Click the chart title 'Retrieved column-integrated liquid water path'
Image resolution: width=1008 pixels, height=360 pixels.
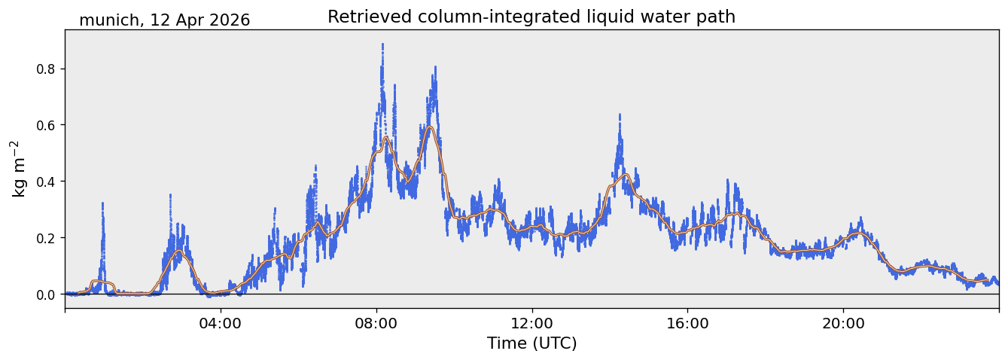click(531, 17)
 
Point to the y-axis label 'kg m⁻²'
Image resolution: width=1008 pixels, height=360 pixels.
click(17, 169)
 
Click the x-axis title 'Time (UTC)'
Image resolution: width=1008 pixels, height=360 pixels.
click(532, 343)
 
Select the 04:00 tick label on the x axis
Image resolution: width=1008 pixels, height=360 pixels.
click(221, 324)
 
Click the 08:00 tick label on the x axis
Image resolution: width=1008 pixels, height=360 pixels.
click(376, 324)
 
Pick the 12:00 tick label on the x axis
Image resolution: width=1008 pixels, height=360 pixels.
click(532, 324)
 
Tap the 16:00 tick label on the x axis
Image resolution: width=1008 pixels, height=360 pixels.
click(687, 324)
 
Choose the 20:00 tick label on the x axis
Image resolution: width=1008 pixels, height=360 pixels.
click(843, 324)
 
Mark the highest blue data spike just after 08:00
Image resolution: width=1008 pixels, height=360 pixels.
click(382, 44)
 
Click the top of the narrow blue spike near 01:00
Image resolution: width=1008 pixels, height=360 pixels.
click(102, 203)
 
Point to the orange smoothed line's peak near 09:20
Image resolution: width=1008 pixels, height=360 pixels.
click(430, 127)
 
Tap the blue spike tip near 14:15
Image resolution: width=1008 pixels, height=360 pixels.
click(620, 114)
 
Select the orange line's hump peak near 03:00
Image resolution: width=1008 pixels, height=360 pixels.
click(179, 251)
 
